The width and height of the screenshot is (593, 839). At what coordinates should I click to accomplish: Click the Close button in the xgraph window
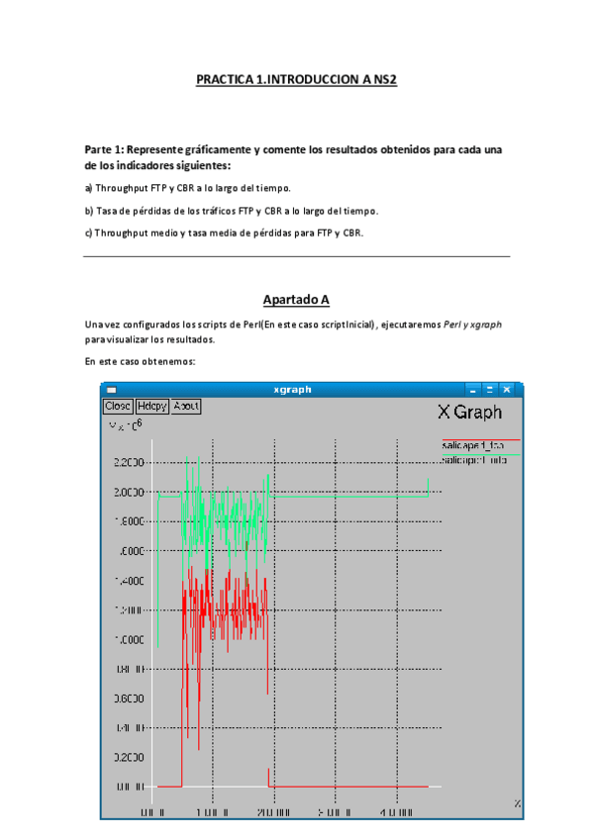point(118,406)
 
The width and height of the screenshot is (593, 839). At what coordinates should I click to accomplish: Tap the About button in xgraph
point(186,406)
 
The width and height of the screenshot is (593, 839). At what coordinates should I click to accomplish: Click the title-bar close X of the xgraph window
point(506,390)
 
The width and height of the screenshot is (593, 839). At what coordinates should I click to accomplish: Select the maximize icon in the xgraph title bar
point(490,390)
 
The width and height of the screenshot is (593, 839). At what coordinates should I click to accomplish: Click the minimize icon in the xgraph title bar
point(474,390)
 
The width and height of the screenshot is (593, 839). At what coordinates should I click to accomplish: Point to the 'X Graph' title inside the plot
point(469,413)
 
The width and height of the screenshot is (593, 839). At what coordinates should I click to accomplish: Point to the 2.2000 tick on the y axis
point(131,463)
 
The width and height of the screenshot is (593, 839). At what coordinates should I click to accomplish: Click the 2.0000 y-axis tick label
point(131,492)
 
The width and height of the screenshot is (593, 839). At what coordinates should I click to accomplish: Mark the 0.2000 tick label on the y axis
point(131,757)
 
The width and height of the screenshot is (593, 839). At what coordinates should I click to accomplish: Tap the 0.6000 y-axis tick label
point(131,698)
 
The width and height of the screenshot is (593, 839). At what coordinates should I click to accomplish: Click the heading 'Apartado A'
point(296,299)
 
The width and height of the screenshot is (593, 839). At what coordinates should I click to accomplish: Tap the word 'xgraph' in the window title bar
point(292,390)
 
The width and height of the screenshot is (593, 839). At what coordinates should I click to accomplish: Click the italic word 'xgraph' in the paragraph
point(485,324)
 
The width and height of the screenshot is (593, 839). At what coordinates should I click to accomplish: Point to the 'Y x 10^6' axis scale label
point(126,425)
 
